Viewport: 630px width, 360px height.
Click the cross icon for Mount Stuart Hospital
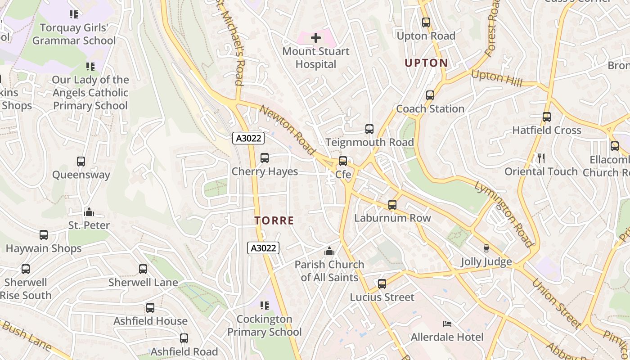click(x=316, y=37)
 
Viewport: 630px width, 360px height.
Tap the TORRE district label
click(x=274, y=221)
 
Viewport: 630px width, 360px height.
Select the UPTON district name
click(x=426, y=63)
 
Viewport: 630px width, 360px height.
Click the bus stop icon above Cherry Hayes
click(x=265, y=158)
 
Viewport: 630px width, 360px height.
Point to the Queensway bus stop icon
click(x=81, y=162)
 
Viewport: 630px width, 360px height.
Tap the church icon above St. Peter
click(x=89, y=211)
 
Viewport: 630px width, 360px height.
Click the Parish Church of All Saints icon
click(x=330, y=251)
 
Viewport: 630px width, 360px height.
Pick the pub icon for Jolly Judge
click(x=486, y=248)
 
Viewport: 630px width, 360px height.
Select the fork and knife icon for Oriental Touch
click(x=541, y=158)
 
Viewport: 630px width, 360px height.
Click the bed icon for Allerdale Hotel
click(x=447, y=324)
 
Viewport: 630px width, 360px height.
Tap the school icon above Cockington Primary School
click(x=265, y=306)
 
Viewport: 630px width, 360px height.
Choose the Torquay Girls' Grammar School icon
click(x=74, y=14)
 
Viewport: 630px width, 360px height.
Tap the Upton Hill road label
click(x=497, y=79)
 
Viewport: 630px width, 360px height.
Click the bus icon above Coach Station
click(x=430, y=95)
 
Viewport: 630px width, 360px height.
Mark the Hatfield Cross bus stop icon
click(x=547, y=117)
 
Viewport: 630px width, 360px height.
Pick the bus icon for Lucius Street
click(x=382, y=284)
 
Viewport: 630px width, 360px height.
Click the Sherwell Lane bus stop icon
click(x=143, y=269)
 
